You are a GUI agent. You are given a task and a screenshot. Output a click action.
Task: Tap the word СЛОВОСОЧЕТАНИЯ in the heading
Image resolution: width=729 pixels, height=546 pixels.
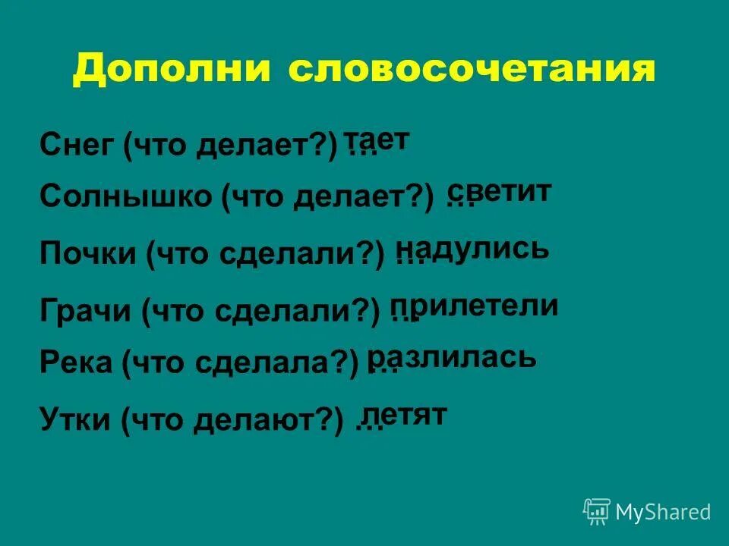click(471, 70)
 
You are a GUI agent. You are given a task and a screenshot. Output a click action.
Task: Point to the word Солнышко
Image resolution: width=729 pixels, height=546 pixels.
click(125, 197)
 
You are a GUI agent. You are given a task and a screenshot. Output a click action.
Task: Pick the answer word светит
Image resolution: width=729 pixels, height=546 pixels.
click(499, 191)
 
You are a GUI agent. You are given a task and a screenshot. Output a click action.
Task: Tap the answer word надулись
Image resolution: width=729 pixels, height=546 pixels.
click(472, 248)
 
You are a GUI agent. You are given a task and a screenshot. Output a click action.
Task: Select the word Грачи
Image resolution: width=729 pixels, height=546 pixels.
click(85, 310)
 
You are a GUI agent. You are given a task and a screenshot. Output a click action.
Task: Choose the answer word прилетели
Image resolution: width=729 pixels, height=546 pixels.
click(475, 306)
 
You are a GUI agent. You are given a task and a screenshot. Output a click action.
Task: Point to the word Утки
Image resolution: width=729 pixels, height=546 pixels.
click(74, 418)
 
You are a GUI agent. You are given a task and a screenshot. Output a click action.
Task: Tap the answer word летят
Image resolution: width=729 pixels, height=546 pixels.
click(404, 414)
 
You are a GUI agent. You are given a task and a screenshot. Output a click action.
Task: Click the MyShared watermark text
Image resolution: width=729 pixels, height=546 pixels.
click(663, 512)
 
